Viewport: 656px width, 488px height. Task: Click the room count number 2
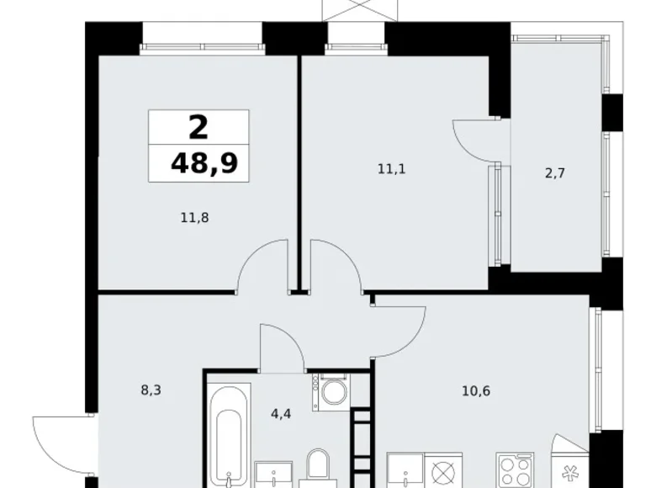tap(198, 127)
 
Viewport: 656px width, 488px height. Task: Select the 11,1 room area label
tap(390, 168)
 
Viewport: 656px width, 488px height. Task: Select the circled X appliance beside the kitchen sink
tap(443, 470)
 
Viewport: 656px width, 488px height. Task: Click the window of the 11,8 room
tap(201, 38)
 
